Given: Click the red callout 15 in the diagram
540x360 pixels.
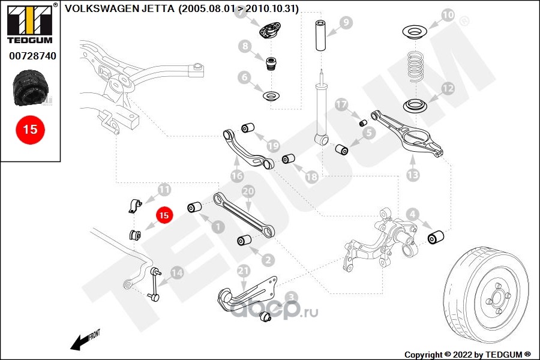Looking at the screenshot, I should (x=164, y=214).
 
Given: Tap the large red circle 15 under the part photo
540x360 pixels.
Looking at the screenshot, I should (x=29, y=129).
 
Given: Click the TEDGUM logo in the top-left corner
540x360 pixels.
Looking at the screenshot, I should (x=29, y=23).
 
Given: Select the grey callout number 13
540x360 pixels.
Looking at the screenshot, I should (x=413, y=176).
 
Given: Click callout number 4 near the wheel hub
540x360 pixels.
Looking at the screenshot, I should (x=412, y=214).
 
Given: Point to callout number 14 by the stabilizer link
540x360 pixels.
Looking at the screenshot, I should (x=176, y=272).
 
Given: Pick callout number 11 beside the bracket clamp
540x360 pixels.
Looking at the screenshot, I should (x=164, y=190).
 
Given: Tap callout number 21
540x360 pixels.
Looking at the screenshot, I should (x=243, y=271).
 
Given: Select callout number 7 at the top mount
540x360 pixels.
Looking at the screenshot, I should (x=242, y=14).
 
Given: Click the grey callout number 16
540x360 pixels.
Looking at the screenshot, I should (x=236, y=176).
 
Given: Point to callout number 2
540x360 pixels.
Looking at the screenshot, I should (x=268, y=260).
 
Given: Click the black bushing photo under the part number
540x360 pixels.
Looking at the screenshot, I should (x=29, y=89).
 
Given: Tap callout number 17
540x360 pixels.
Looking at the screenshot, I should (x=341, y=104).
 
